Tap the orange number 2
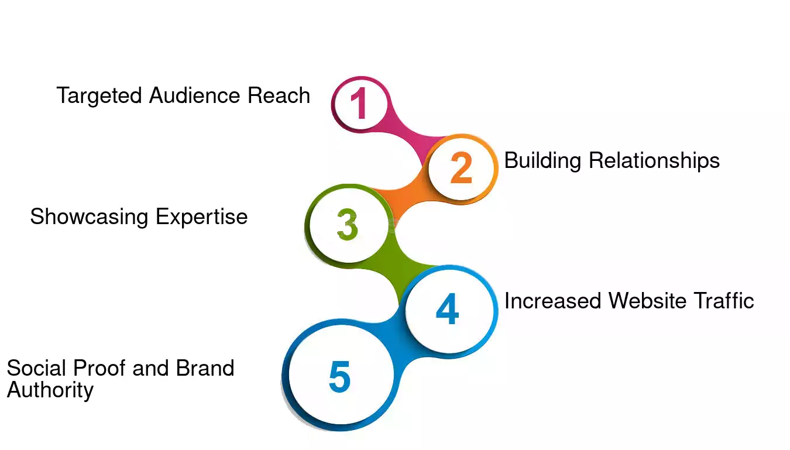(461, 167)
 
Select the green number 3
(348, 224)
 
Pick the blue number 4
(448, 309)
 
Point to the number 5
(339, 377)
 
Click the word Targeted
(99, 96)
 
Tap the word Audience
(194, 95)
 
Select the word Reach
(279, 95)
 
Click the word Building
(543, 161)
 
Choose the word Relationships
(654, 161)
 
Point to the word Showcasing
(89, 217)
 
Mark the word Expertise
(202, 217)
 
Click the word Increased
(552, 301)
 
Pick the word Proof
(99, 368)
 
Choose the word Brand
(205, 368)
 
